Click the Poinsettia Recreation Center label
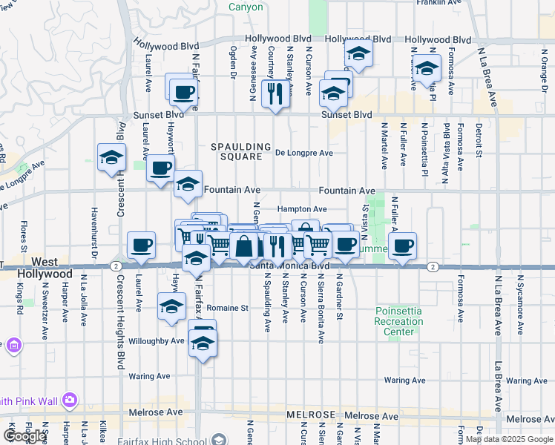click(399, 320)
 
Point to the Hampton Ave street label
click(303, 210)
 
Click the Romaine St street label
click(226, 307)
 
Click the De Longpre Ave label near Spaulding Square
click(303, 153)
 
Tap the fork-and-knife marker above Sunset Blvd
click(275, 94)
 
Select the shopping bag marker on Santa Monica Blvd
click(243, 247)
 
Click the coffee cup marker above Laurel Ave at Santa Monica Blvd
click(141, 245)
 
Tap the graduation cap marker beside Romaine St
click(172, 306)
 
